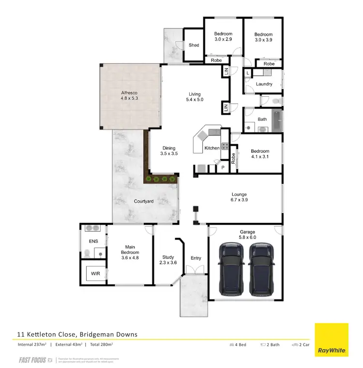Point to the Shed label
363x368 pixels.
tap(194, 45)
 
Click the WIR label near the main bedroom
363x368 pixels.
tap(95, 274)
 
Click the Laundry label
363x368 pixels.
tap(264, 84)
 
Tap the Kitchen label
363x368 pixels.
tap(212, 148)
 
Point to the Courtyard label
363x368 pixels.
tap(143, 201)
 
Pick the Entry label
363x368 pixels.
tap(196, 258)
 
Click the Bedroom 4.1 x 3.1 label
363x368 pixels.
tap(260, 154)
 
